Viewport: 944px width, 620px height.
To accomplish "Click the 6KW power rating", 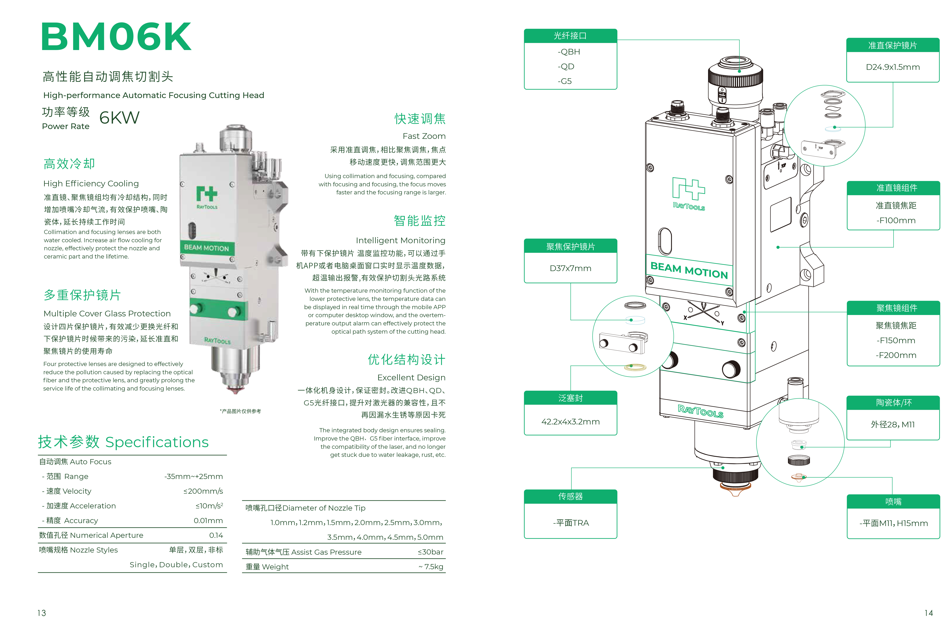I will point(119,118).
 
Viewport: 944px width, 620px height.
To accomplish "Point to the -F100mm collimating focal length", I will point(896,220).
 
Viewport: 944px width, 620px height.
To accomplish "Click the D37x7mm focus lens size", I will point(570,268).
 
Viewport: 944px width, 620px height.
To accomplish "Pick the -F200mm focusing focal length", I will point(896,355).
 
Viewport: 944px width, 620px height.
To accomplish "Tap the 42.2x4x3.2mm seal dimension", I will point(570,422).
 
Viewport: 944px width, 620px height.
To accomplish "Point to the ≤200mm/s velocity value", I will point(203,491).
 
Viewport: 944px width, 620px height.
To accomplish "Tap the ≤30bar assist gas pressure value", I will point(430,552).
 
